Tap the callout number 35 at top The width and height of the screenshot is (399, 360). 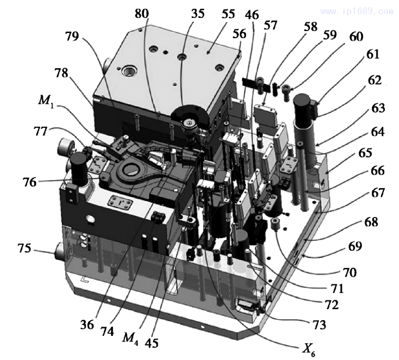pos(198,14)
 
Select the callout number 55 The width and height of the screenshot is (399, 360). pos(228,14)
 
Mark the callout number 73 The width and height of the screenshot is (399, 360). pos(317,325)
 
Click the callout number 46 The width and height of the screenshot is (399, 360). pos(252,14)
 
